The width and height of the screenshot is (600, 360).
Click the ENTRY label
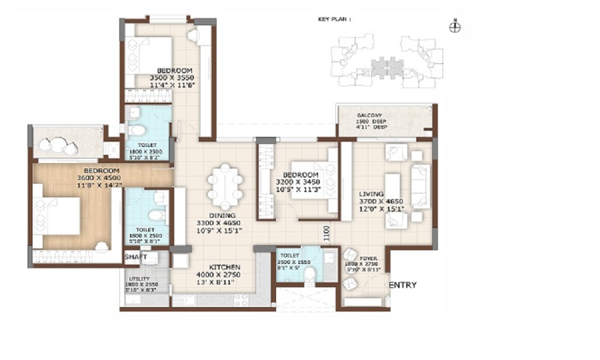[402, 285]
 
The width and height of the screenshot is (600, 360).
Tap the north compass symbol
[455, 27]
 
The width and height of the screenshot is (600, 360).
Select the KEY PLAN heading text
[334, 19]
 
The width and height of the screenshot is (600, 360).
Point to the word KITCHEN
[224, 267]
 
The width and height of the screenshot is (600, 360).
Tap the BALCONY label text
[370, 115]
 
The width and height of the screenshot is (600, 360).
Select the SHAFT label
[136, 257]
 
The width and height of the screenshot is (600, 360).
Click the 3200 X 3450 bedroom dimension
[298, 182]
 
